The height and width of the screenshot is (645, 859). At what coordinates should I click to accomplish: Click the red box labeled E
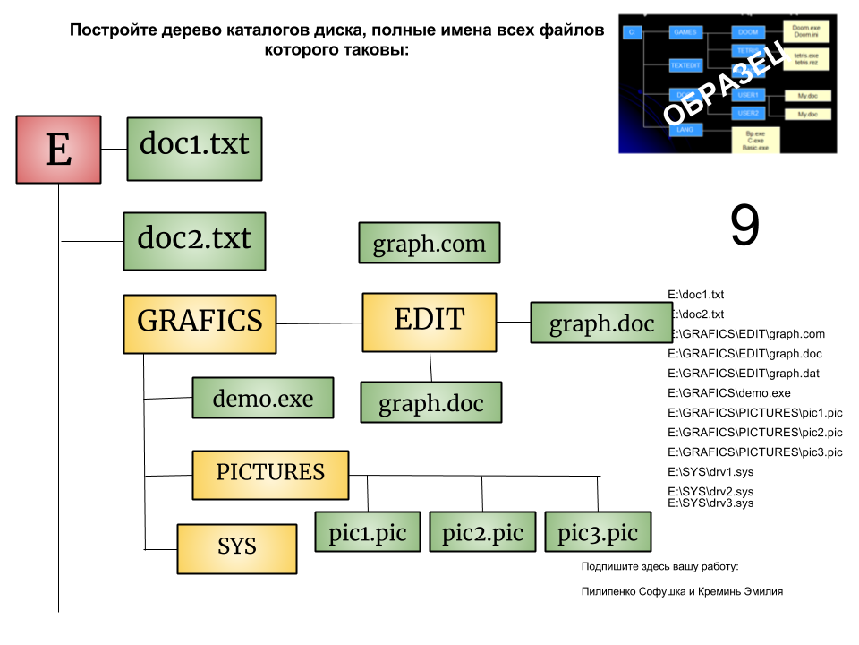58,150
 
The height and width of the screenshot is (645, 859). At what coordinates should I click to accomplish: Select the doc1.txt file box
194,149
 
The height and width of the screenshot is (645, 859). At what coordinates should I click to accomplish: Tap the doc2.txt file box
194,241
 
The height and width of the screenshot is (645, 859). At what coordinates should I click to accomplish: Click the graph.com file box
429,243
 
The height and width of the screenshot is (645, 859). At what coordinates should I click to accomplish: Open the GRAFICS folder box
200,323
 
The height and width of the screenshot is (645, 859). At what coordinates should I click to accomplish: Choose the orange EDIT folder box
429,322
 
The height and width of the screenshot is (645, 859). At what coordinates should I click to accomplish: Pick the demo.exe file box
262,398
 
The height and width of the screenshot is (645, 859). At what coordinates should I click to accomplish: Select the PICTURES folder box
270,475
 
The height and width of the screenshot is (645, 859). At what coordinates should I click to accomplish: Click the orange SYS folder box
236,548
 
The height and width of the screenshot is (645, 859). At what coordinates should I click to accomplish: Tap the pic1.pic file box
367,531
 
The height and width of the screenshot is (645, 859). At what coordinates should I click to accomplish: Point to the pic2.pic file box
482,531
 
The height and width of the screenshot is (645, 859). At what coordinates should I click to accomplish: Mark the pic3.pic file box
598,531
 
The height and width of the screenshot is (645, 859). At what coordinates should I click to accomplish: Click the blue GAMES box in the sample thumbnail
686,32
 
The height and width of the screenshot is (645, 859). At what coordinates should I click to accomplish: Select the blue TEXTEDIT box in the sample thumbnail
686,65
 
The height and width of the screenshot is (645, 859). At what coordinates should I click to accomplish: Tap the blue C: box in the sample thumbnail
633,32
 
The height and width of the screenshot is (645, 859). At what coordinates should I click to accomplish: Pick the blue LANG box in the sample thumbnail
686,130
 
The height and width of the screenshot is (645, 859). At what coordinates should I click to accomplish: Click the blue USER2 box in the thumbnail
748,114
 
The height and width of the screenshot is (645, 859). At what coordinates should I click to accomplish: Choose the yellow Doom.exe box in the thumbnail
806,31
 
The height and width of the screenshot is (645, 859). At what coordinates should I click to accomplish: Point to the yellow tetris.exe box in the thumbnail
806,59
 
